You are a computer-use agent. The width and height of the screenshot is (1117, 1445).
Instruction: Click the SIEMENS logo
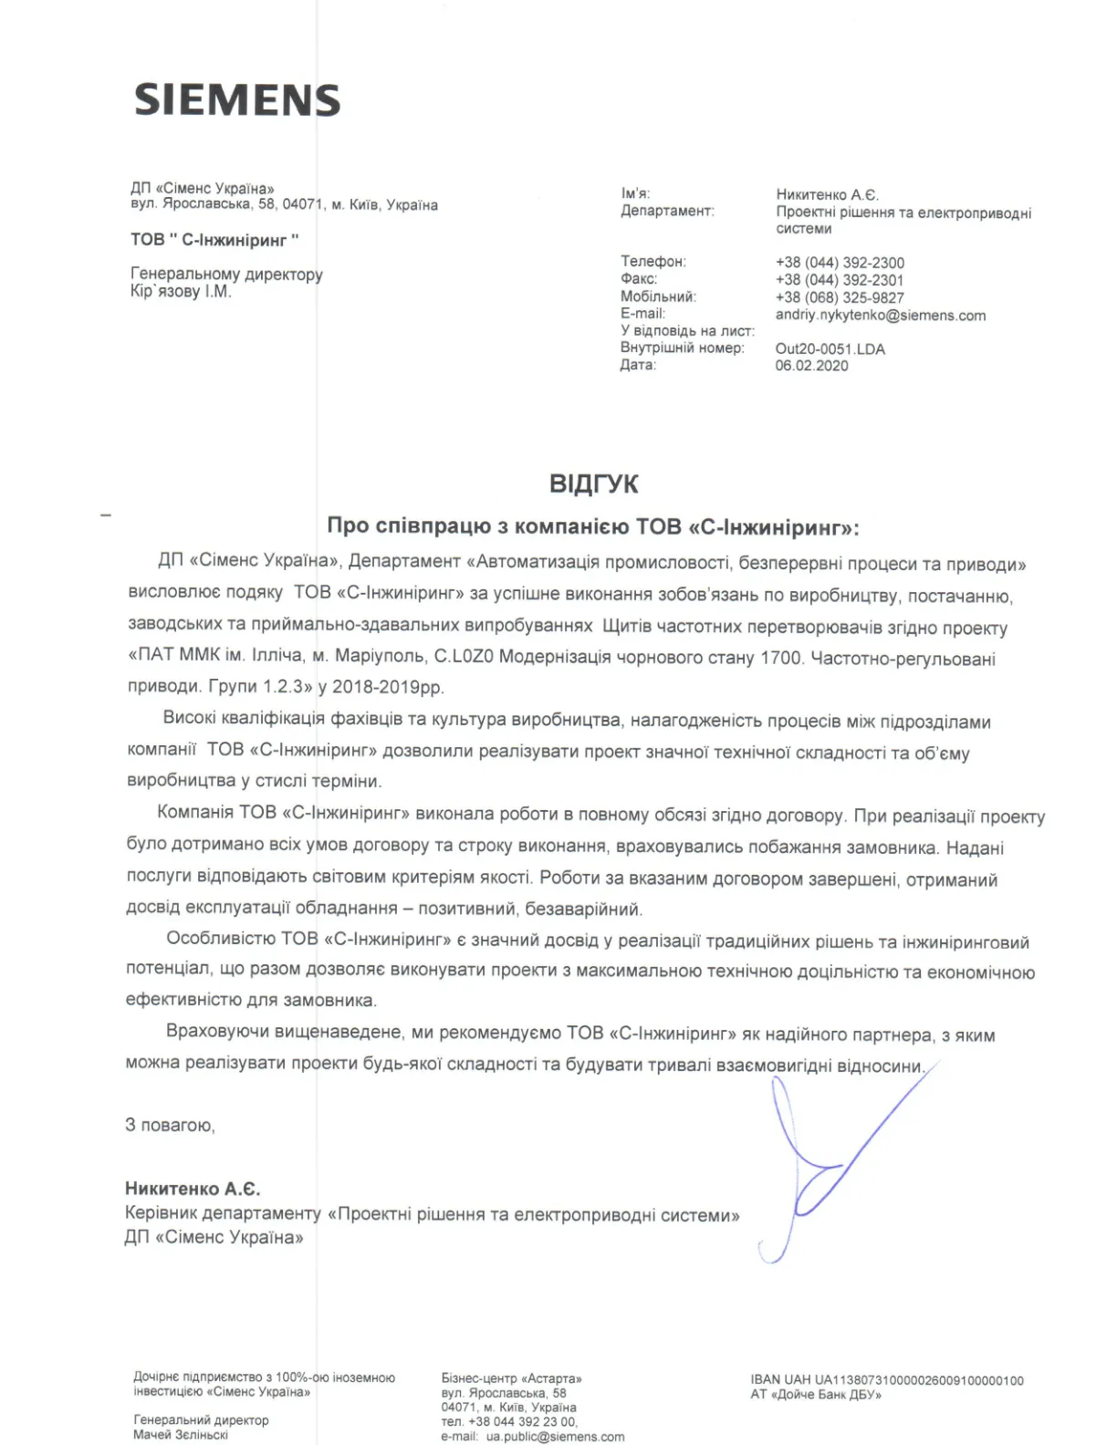click(x=237, y=99)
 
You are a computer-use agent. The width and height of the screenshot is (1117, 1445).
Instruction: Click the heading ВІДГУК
click(x=593, y=483)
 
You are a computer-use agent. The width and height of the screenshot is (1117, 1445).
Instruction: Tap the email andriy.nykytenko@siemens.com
click(x=881, y=316)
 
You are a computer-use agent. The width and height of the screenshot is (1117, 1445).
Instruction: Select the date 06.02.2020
click(x=811, y=366)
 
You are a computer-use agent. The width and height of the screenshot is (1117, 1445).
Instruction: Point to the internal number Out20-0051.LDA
click(x=830, y=348)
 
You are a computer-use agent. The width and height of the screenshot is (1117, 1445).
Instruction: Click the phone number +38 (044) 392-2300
click(x=840, y=263)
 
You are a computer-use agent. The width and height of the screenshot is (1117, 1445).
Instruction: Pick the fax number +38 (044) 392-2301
click(x=840, y=280)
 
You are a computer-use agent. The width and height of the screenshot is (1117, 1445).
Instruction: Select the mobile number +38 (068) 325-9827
click(x=840, y=297)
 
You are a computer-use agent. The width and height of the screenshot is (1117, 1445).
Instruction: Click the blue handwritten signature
click(x=821, y=1168)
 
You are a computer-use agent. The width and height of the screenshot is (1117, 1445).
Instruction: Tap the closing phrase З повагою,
click(x=170, y=1126)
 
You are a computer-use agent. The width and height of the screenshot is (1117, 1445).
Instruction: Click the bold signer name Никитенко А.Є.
click(x=193, y=1189)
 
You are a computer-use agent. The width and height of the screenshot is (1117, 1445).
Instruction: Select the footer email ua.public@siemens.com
click(x=555, y=1437)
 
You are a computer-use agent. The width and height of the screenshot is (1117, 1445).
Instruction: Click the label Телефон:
click(x=653, y=262)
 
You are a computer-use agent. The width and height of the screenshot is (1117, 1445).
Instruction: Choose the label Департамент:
click(x=667, y=212)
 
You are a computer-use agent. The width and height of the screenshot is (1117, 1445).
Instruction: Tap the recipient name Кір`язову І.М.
click(x=181, y=292)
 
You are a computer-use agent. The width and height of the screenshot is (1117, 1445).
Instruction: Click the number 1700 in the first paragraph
click(x=781, y=658)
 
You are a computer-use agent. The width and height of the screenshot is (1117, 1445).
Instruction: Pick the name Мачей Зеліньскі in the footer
click(x=181, y=1435)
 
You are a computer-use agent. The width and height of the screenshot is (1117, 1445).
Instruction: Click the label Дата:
click(x=638, y=365)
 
